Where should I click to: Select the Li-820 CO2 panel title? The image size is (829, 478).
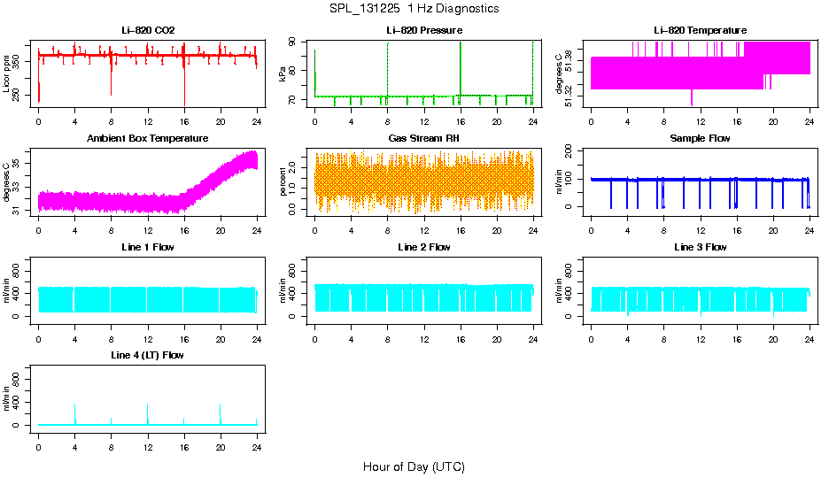coord(148,31)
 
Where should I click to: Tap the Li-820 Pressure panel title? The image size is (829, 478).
coord(424,31)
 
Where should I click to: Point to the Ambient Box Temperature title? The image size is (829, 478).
coord(148,139)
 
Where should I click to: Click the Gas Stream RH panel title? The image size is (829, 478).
coord(424,139)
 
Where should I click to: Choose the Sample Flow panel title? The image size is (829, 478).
coord(701,139)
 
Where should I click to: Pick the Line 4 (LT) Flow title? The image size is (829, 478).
coord(148,355)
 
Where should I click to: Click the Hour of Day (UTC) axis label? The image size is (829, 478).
coord(414,466)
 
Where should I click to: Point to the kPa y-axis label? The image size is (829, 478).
coord(283,74)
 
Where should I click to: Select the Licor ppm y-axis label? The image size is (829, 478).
coord(7,74)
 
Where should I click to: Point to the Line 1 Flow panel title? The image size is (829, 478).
coord(148,247)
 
